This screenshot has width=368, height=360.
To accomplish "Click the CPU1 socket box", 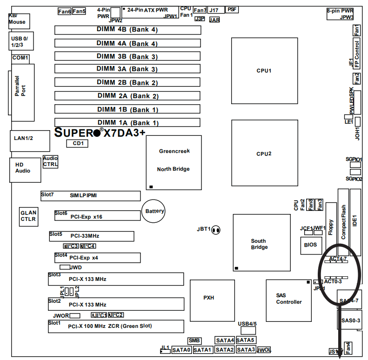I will point(264,71).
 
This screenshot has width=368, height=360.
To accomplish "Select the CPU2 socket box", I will point(264,153).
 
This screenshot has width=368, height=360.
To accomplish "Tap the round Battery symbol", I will point(154,211).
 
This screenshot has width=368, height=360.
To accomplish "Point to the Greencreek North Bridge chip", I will point(174,162).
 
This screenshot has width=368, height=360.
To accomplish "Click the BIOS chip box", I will point(310,244).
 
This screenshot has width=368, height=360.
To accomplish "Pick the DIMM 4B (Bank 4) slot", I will point(127,30).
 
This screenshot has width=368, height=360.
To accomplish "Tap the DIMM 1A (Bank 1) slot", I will point(127,123).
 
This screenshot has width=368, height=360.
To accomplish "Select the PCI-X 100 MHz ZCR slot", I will point(116,326).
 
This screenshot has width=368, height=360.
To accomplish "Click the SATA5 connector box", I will point(246,340).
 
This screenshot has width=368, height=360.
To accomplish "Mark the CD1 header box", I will point(78,144).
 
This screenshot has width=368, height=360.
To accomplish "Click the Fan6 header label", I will point(64,11).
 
